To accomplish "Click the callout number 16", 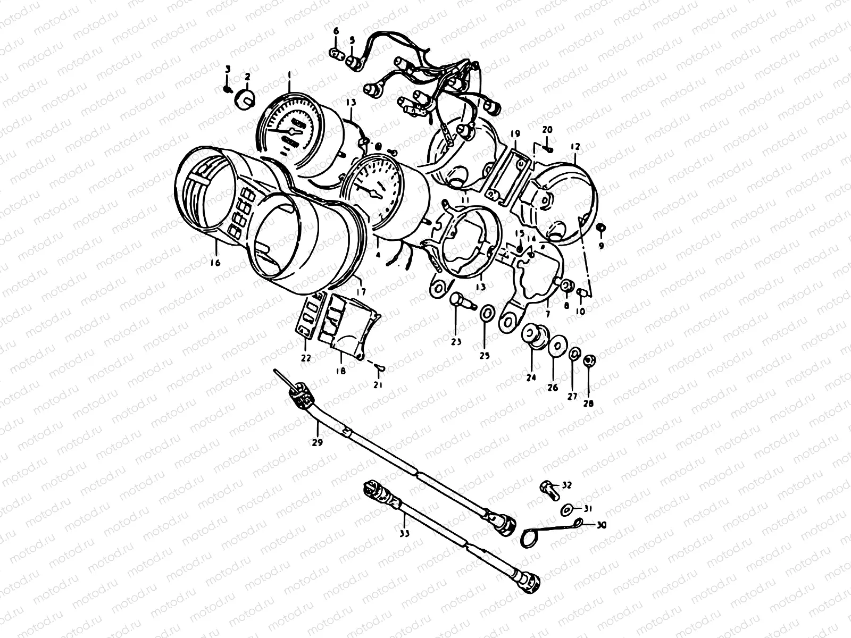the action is point(215,262).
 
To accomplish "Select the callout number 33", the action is point(405,534).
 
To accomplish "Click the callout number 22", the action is point(305,358).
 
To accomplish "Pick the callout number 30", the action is point(601,525).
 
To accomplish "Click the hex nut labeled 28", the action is point(589,360).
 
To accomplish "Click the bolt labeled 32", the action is point(548,486).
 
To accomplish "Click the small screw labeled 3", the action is point(228,89).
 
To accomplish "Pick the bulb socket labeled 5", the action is point(354,63).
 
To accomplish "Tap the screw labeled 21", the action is point(379,367).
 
